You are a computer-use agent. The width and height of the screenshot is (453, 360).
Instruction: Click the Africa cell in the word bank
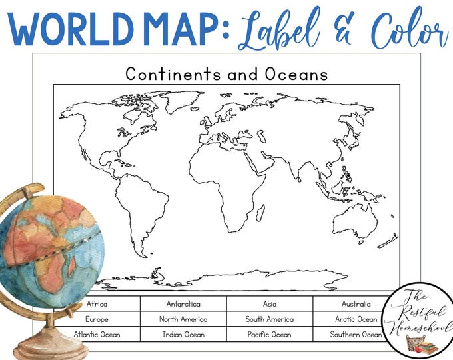pyautogui.click(x=97, y=304)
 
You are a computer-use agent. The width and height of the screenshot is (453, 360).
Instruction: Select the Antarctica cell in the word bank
pyautogui.click(x=183, y=304)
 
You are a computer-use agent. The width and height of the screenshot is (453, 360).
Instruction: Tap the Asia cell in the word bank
pyautogui.click(x=269, y=304)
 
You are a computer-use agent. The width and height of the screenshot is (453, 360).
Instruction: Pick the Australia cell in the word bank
pyautogui.click(x=356, y=304)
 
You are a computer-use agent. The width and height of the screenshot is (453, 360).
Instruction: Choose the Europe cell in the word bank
pyautogui.click(x=97, y=319)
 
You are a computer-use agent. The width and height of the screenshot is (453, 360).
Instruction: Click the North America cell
pyautogui.click(x=183, y=319)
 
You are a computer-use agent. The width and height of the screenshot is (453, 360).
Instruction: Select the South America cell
pyautogui.click(x=269, y=319)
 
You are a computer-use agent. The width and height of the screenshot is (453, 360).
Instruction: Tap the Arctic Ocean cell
pyautogui.click(x=356, y=319)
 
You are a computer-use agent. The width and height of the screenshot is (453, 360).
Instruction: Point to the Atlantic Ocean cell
pyautogui.click(x=97, y=334)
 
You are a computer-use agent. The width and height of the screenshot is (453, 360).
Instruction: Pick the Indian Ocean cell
pyautogui.click(x=183, y=334)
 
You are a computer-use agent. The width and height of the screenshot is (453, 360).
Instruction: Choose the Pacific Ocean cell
pyautogui.click(x=269, y=334)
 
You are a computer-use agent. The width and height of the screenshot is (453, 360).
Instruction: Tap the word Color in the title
pyautogui.click(x=406, y=30)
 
